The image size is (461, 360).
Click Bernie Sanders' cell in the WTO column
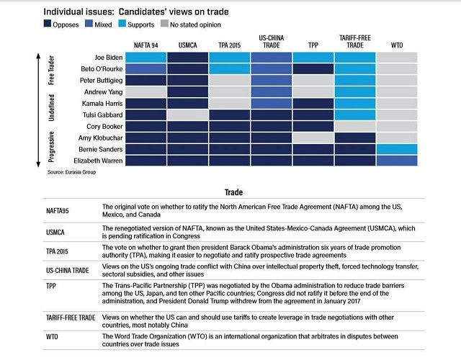click(395, 148)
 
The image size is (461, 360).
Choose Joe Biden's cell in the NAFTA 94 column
click(147, 57)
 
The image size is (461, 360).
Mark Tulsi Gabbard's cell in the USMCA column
click(188, 114)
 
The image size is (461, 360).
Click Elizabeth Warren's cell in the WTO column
click(395, 160)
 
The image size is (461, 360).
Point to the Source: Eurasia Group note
click(76, 174)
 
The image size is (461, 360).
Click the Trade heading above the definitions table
click(233, 193)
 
